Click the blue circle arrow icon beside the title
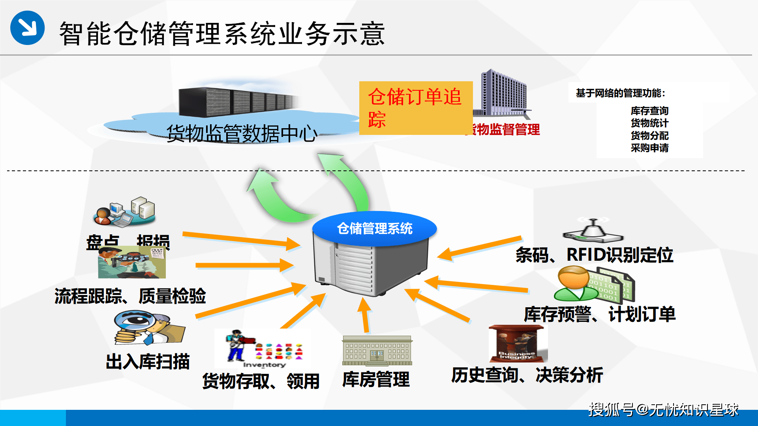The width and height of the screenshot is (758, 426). pyautogui.click(x=27, y=28)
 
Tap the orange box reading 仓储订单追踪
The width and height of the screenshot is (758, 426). pyautogui.click(x=416, y=108)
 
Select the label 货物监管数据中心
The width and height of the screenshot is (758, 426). pyautogui.click(x=242, y=133)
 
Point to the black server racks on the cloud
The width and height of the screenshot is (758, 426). pyautogui.click(x=237, y=102)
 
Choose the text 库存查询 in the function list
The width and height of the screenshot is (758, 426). pyautogui.click(x=649, y=111)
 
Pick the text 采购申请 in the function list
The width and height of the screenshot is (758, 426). pyautogui.click(x=649, y=148)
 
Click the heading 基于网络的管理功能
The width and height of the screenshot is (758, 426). pyautogui.click(x=620, y=93)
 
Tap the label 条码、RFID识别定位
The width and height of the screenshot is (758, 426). pyautogui.click(x=594, y=255)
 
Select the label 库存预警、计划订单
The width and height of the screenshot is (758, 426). pyautogui.click(x=599, y=314)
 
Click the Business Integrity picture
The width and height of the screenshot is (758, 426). pyautogui.click(x=518, y=344)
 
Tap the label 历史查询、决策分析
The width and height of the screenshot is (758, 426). pyautogui.click(x=527, y=375)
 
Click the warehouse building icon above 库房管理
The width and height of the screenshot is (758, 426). pyautogui.click(x=377, y=350)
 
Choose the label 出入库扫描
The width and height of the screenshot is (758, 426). pyautogui.click(x=148, y=362)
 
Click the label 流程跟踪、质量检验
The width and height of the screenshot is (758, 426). pyautogui.click(x=130, y=296)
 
